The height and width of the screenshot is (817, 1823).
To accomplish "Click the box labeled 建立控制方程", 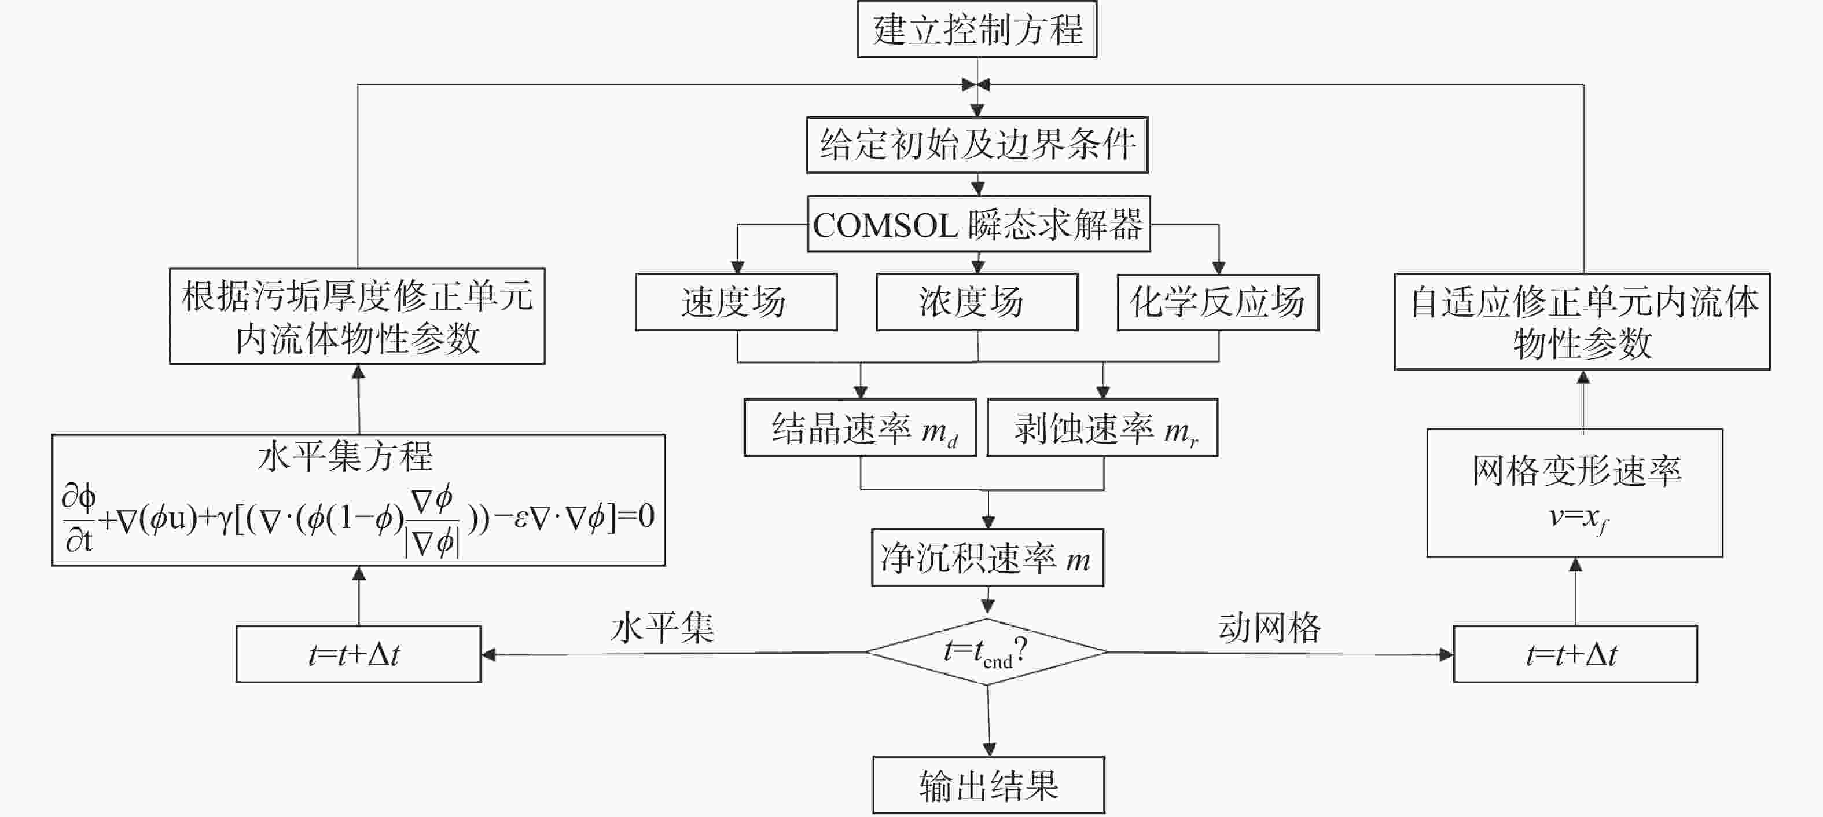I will [977, 30].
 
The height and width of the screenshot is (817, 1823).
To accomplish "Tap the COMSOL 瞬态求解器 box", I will [978, 225].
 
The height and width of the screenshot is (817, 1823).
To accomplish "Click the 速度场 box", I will [736, 302].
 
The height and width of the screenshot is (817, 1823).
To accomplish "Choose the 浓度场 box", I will [977, 302].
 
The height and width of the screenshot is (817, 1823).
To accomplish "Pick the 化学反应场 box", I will [1217, 302].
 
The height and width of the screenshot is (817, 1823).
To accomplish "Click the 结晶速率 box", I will [860, 428].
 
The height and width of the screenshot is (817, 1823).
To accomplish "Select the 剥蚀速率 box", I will [1102, 428].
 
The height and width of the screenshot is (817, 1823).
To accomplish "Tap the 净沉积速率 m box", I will [987, 558].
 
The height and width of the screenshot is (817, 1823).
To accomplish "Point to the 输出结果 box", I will [988, 785].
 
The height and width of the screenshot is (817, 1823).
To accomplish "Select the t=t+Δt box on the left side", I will [358, 654].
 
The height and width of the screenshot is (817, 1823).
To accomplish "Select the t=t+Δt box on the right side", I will [1575, 654].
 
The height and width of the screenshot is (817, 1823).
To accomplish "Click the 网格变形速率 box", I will [1575, 493].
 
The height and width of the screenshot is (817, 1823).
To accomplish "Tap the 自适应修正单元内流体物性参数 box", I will [1582, 322].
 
